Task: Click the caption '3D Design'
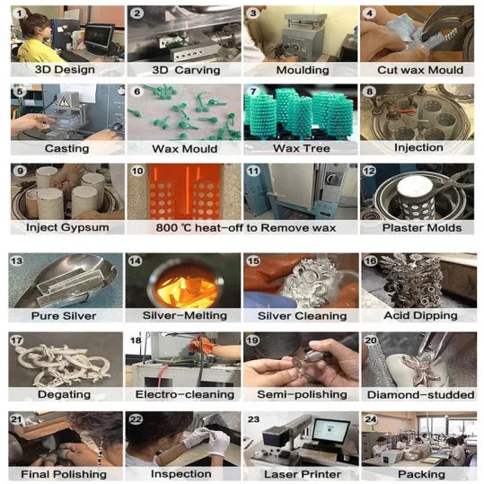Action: (x=65, y=69)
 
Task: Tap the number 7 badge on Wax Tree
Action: (x=253, y=92)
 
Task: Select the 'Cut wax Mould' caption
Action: (x=420, y=70)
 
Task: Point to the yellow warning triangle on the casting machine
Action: (x=65, y=101)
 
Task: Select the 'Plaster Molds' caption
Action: (x=422, y=228)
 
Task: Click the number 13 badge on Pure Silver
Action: (x=16, y=260)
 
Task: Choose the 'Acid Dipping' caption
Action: (x=420, y=315)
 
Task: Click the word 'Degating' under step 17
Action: (x=65, y=394)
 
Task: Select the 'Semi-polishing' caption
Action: (x=302, y=394)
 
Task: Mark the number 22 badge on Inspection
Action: (x=136, y=419)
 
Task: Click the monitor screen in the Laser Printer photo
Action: (x=330, y=430)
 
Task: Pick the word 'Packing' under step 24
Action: (x=421, y=474)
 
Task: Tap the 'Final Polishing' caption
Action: (x=64, y=474)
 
